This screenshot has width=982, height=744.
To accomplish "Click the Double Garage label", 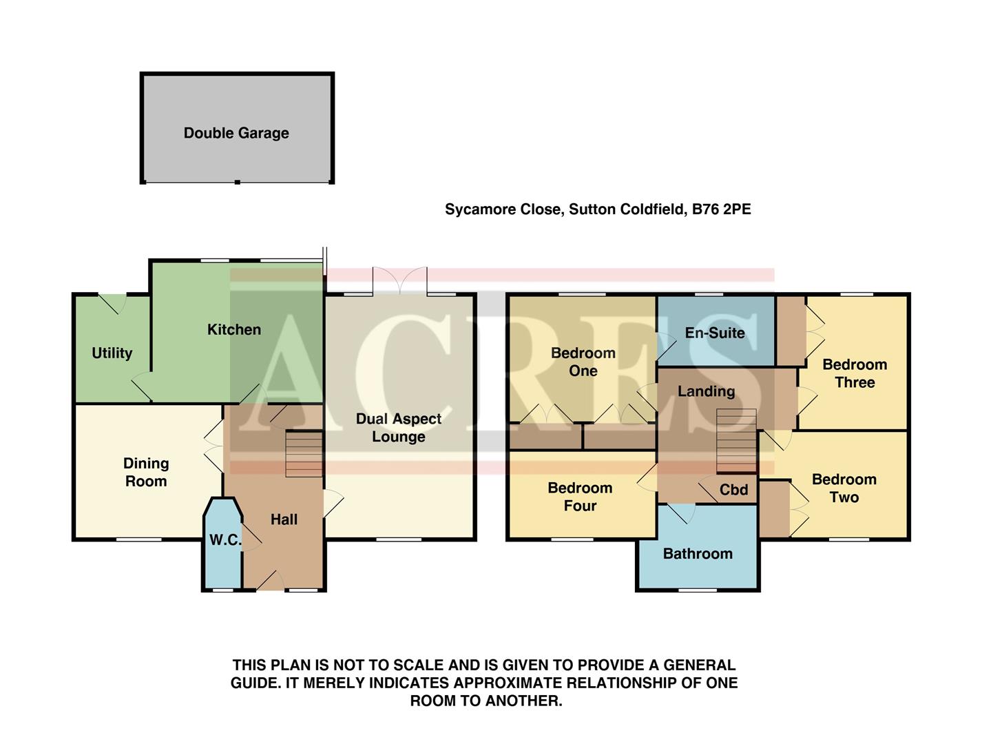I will point(236,133).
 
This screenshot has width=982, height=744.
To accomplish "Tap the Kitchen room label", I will point(234,330).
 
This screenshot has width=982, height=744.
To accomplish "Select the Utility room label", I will point(112,353).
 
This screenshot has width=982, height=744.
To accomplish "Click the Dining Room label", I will point(146,473).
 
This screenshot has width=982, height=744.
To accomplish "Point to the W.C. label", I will point(225,540).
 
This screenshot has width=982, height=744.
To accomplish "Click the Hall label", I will point(284,519).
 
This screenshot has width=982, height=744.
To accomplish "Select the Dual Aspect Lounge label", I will point(399,428).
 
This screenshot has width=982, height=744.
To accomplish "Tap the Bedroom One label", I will point(583,362).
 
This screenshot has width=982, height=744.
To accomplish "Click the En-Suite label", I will point(715,333).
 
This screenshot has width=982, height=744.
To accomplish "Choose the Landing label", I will point(706,391).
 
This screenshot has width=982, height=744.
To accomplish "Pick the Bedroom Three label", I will point(855,373).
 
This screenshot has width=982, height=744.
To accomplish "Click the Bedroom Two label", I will point(844,488).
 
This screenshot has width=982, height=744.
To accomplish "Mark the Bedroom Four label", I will point(580,497).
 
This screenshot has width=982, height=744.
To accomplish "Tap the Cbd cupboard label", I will point(733,490).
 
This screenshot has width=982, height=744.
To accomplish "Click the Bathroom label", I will point(698,554).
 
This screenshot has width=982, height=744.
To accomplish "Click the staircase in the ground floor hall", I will point(304,453).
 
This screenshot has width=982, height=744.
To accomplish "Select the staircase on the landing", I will point(736,441).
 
